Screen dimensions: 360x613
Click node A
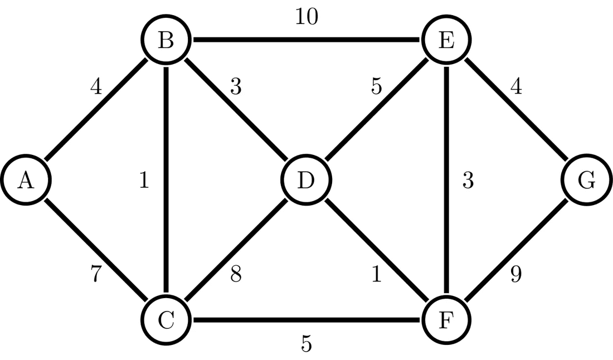click(26, 181)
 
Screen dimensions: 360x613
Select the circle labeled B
click(166, 41)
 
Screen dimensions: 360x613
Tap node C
click(166, 320)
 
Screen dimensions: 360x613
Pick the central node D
click(306, 181)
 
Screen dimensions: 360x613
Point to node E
click(446, 41)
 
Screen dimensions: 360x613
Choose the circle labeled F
click(446, 320)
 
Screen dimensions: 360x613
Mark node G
click(587, 181)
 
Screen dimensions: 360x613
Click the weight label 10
click(306, 17)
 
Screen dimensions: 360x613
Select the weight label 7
click(96, 275)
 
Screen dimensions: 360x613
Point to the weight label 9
click(516, 275)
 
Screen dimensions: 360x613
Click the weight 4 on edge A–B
click(96, 87)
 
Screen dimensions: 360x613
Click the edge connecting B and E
click(306, 41)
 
